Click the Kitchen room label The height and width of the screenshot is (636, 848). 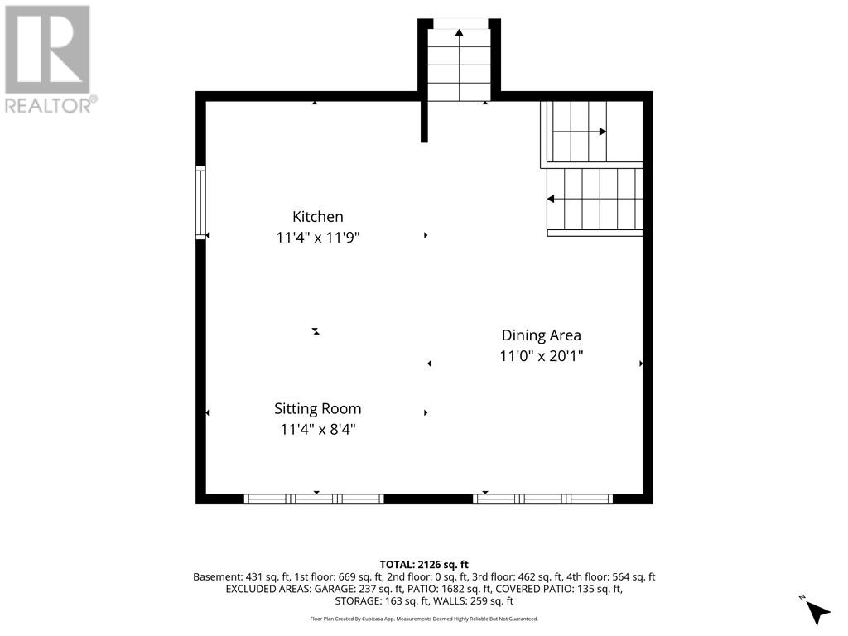coord(317,217)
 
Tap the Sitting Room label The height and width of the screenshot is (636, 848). coord(317,409)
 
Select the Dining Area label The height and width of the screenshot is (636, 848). coord(542,335)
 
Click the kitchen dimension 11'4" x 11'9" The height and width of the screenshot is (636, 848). coord(317,238)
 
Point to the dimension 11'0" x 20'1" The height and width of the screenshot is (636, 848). coord(542,356)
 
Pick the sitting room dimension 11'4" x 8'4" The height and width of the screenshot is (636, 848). coord(317,430)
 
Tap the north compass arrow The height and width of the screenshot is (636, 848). coord(816,611)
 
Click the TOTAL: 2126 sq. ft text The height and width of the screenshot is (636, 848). coord(424,565)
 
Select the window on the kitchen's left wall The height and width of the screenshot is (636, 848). coord(200,203)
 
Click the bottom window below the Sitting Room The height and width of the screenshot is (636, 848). coord(314,499)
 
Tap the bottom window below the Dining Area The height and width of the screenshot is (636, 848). coord(542,499)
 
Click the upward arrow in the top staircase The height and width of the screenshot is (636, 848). coord(459,65)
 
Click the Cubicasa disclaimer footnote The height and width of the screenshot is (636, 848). coord(424,619)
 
